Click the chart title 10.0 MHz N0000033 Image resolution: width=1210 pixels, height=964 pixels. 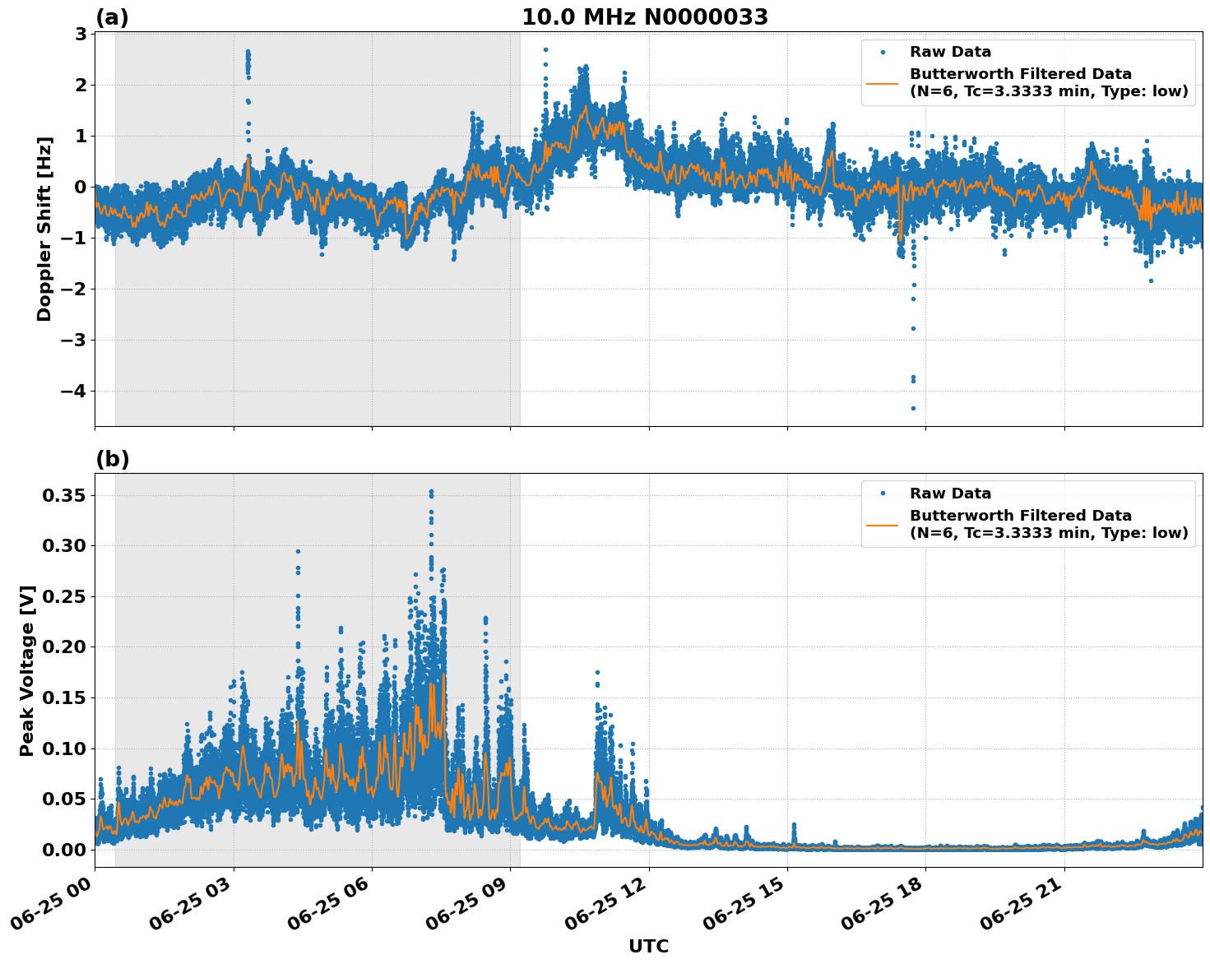click(x=644, y=17)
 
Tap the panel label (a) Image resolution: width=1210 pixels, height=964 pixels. click(x=112, y=17)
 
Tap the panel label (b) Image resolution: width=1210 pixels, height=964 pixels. click(x=112, y=459)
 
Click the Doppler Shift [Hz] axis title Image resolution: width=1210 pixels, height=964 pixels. click(x=44, y=229)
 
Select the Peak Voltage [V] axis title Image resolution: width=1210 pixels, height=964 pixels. click(x=27, y=670)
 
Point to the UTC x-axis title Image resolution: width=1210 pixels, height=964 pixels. click(x=648, y=946)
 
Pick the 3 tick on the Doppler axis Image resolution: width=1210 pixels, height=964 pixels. click(x=81, y=34)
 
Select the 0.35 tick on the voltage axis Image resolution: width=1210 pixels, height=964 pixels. click(x=63, y=495)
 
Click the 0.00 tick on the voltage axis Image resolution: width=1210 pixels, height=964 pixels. click(x=63, y=850)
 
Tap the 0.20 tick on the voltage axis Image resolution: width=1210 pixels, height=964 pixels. click(x=63, y=647)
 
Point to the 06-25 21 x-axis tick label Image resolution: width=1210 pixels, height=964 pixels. click(x=1028, y=901)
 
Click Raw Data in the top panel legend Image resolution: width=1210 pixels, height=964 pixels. click(x=950, y=53)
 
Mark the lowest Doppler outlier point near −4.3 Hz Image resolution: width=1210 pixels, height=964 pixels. click(x=912, y=408)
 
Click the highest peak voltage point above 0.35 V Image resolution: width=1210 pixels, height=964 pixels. click(x=430, y=491)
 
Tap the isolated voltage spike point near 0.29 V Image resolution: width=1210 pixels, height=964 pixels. click(x=298, y=551)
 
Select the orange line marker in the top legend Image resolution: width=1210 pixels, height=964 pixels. click(x=883, y=82)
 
